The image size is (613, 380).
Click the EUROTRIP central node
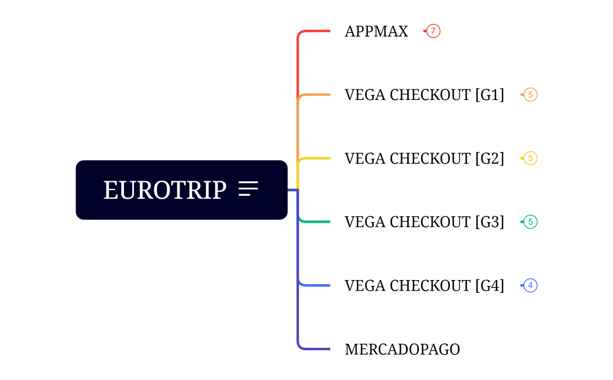(x=165, y=190)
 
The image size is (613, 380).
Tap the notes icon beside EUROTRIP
(x=248, y=189)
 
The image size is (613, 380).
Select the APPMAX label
(x=376, y=32)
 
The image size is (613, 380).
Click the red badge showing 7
(x=433, y=31)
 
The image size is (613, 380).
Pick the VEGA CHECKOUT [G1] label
(x=424, y=95)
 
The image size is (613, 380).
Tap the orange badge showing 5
(x=530, y=95)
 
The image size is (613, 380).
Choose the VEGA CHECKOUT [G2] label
(x=424, y=158)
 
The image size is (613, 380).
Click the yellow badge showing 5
(x=530, y=158)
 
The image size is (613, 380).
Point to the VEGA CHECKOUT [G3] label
(x=424, y=222)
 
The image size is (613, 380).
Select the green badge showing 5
(x=530, y=222)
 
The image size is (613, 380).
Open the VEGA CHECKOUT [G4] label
(x=424, y=286)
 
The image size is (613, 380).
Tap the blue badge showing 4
(x=530, y=286)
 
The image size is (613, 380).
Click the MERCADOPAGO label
(x=402, y=350)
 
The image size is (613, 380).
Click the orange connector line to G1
(x=316, y=95)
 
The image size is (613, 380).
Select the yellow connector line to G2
(x=316, y=158)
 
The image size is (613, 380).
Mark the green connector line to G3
(x=316, y=222)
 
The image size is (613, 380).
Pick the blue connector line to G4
(x=316, y=285)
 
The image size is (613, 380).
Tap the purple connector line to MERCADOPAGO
(x=316, y=349)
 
